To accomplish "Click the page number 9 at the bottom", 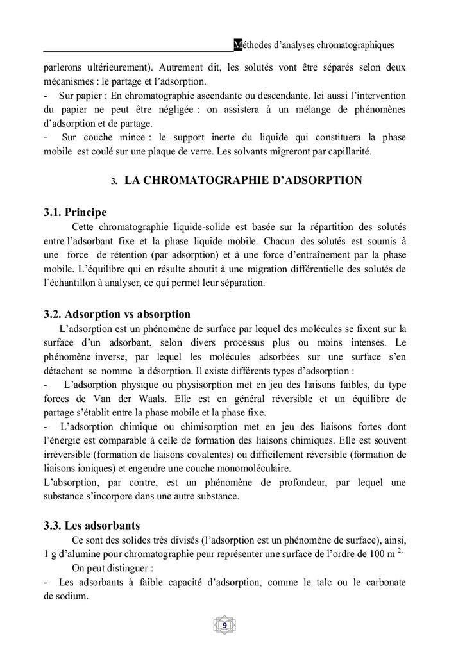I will coord(224,625).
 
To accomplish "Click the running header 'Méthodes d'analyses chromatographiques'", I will coord(314,45).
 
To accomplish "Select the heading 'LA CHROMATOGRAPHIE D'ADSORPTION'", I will coord(243,180).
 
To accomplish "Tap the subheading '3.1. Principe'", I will coord(75,212).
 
